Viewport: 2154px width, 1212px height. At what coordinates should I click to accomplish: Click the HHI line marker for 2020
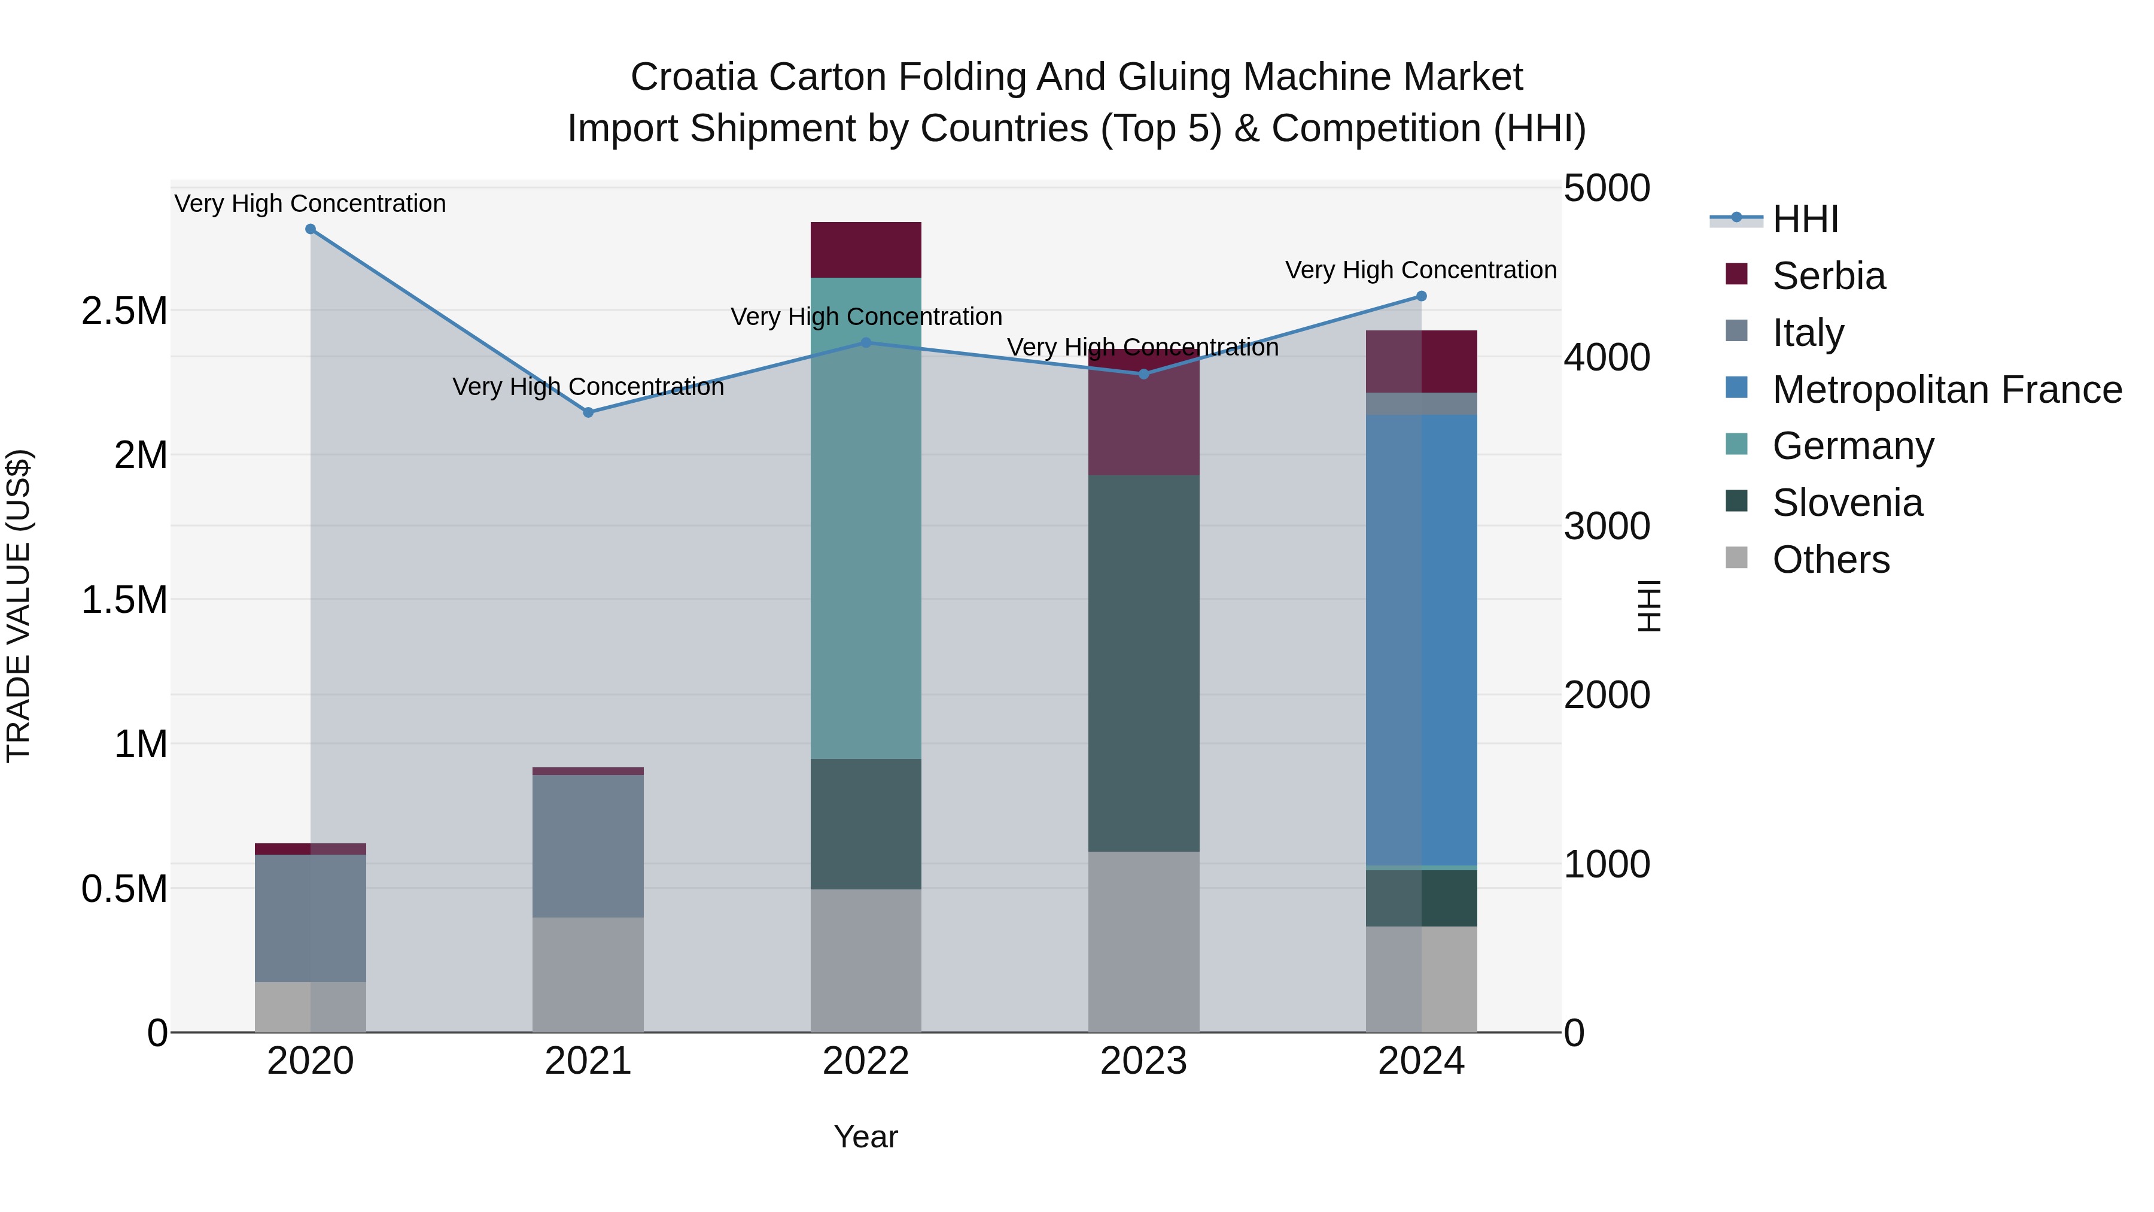click(310, 229)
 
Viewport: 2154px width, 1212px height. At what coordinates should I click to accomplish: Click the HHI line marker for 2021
click(588, 412)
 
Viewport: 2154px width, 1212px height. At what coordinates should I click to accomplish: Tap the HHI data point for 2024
click(1420, 296)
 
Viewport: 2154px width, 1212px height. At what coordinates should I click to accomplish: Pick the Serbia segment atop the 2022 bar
click(865, 249)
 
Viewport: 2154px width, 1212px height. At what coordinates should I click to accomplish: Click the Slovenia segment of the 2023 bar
click(1143, 663)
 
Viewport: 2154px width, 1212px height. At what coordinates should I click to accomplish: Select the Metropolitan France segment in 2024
click(1420, 640)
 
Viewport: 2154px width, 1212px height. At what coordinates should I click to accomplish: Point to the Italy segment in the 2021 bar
click(588, 845)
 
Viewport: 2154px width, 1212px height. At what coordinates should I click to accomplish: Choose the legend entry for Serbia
click(1828, 276)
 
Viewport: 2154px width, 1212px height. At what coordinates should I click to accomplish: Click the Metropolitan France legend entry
click(1946, 390)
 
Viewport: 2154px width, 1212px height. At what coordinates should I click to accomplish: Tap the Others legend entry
click(1830, 560)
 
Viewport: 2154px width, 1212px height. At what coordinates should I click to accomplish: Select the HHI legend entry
click(1805, 219)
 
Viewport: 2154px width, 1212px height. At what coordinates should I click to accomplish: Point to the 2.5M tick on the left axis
click(124, 311)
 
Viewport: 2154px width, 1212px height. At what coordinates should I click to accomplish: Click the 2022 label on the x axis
click(865, 1061)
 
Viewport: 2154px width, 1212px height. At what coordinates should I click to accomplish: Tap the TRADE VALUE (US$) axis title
click(19, 606)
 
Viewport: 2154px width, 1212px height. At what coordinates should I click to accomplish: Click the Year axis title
click(865, 1137)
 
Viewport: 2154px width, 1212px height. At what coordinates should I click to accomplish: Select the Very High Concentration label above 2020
click(310, 203)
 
